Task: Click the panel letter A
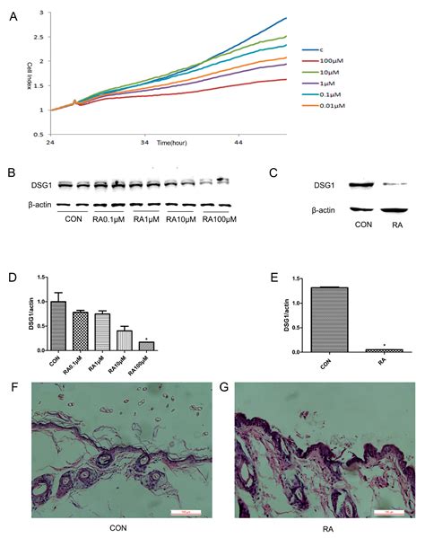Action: (x=12, y=15)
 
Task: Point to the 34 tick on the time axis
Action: (x=144, y=142)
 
